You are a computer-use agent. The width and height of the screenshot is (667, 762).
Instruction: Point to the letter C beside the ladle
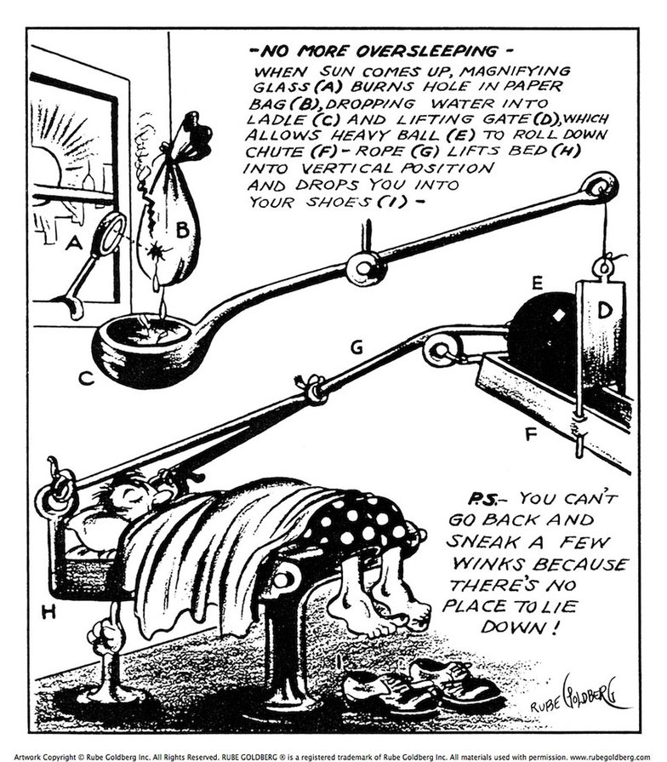tap(85, 379)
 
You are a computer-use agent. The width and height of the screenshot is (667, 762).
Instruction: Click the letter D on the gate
tap(604, 312)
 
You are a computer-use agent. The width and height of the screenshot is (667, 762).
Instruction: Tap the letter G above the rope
tap(356, 347)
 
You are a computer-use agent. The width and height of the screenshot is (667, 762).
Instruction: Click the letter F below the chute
tap(531, 434)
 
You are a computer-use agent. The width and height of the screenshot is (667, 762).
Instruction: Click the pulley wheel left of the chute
tap(442, 348)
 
